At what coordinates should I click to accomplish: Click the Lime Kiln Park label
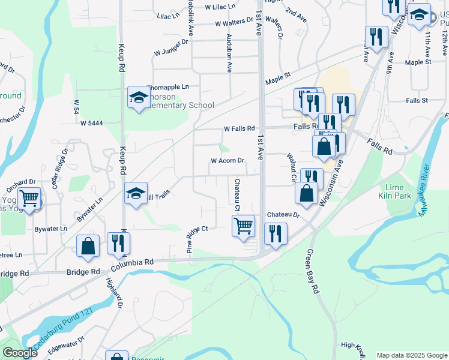395,191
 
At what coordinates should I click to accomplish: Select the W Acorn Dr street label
228,161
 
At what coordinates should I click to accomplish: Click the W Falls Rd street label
240,128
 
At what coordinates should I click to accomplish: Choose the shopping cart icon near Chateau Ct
243,226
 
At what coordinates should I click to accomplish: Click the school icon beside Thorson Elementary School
138,97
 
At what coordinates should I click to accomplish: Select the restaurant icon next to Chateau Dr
276,233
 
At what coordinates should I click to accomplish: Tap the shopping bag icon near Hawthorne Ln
88,246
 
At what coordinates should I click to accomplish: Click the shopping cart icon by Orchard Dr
29,198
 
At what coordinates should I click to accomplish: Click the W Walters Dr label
234,23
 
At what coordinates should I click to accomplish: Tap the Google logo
20,353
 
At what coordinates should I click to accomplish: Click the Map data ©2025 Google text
412,355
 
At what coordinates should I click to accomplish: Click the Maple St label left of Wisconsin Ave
278,76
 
